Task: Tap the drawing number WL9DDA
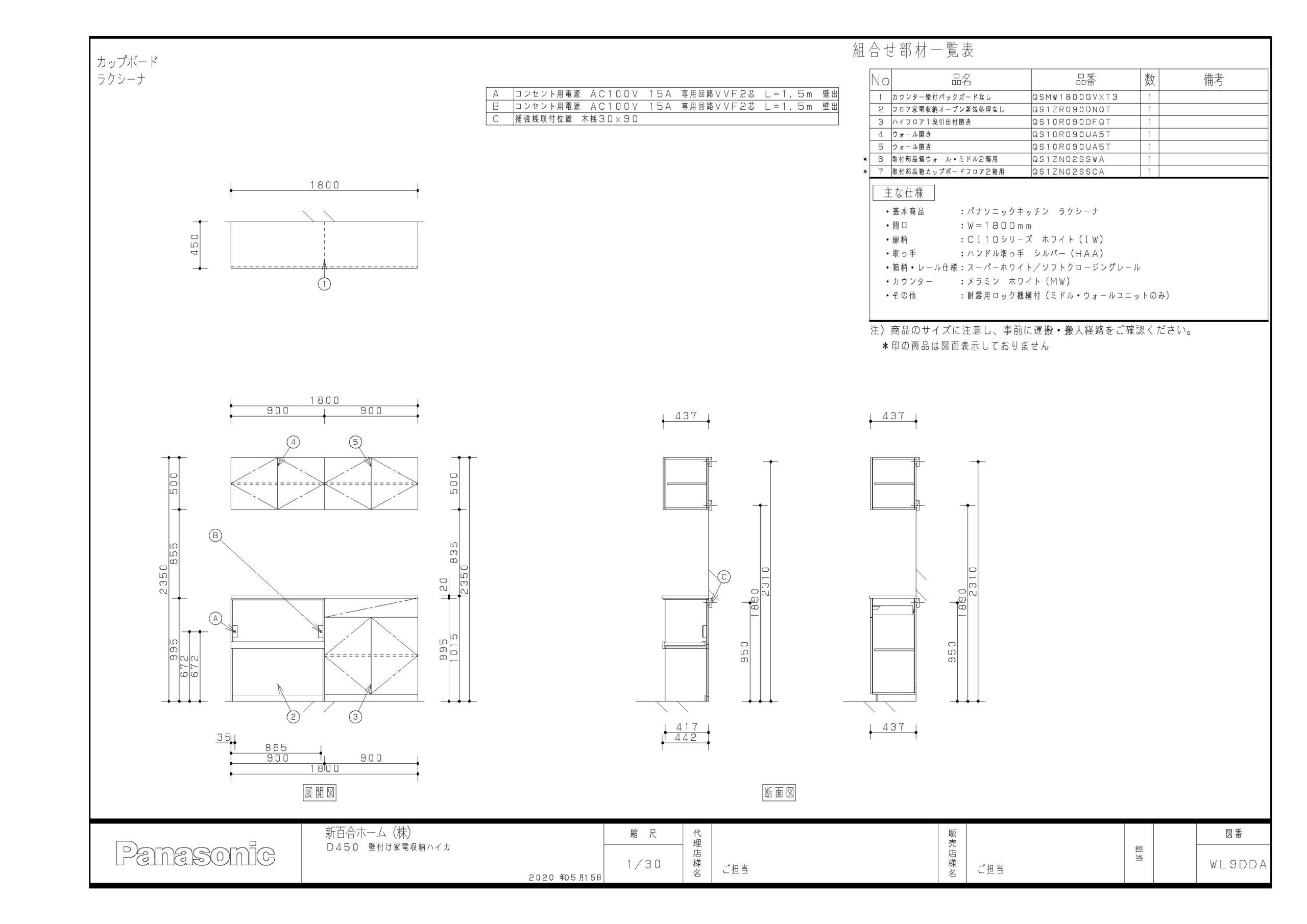coord(1238,864)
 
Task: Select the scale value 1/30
coord(644,864)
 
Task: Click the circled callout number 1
coord(325,283)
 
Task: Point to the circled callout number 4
coord(293,443)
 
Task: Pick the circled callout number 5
coord(356,443)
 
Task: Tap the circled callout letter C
coord(724,577)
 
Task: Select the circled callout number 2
coord(293,717)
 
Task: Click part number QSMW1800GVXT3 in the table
coord(1068,98)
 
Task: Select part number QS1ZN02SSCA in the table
coord(1068,172)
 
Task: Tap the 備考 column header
coord(1213,80)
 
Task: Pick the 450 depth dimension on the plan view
coord(195,245)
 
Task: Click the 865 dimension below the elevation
coord(276,747)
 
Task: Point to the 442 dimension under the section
coord(686,737)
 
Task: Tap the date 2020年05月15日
coord(565,878)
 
